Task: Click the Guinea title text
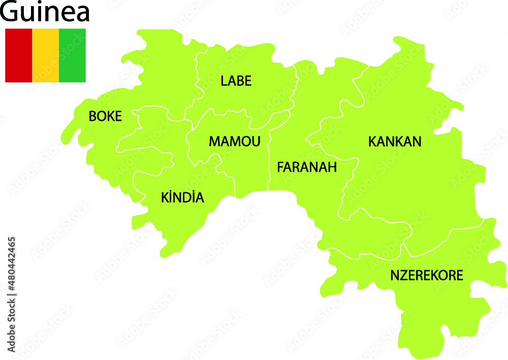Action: click(45, 12)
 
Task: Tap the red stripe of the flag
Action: click(18, 55)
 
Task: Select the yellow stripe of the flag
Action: click(45, 55)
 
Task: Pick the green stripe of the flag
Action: click(72, 55)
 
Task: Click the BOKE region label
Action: click(105, 116)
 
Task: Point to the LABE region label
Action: click(236, 81)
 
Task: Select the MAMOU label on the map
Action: click(234, 141)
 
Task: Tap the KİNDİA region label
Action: click(182, 198)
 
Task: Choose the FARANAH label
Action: click(306, 167)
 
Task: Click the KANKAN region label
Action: click(395, 141)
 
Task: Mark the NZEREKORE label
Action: click(426, 275)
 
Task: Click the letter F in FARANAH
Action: click(280, 167)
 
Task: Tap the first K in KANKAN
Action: click(372, 141)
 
